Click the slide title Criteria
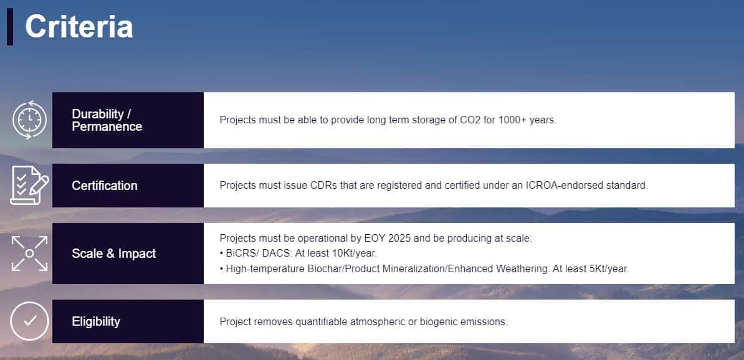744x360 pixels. pos(79,27)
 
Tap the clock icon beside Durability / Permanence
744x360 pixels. pos(29,120)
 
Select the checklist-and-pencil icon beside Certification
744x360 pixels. pos(29,186)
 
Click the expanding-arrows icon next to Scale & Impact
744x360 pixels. pos(29,253)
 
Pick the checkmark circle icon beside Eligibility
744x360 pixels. pos(29,321)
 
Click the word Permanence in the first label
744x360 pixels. pos(107,126)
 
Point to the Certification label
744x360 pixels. pos(105,186)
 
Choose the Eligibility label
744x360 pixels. pos(96,321)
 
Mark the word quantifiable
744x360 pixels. pos(322,321)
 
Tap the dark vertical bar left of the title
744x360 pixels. pos(10,27)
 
